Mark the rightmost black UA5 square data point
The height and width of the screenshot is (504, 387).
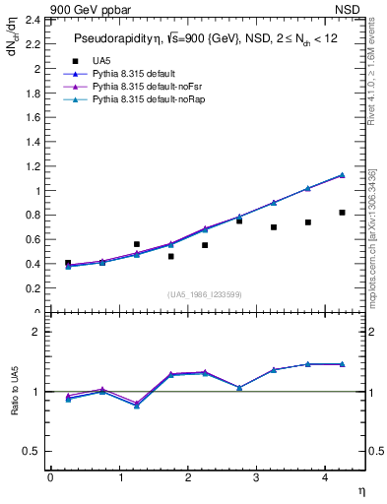pyautogui.click(x=342, y=213)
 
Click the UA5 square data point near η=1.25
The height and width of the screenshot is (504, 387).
pyautogui.click(x=137, y=244)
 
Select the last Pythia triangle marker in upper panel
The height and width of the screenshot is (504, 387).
pyautogui.click(x=342, y=174)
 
